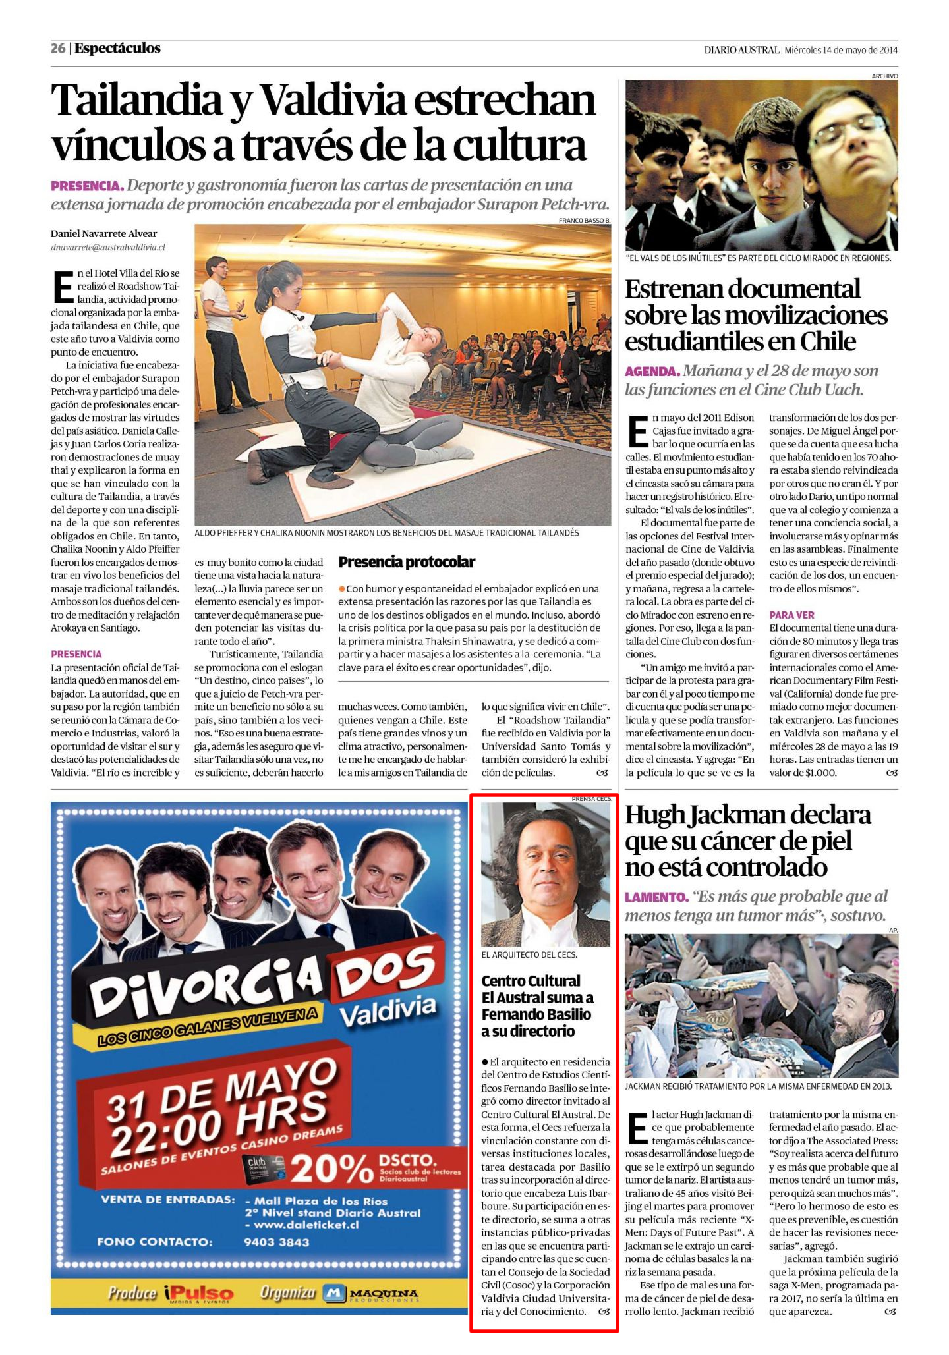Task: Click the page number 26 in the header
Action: (58, 49)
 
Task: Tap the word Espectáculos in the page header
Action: (117, 49)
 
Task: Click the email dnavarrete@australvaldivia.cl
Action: (108, 248)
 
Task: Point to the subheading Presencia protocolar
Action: (406, 562)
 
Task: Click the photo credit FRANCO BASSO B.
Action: (584, 220)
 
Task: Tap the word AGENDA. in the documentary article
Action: (652, 372)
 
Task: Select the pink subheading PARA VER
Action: (791, 615)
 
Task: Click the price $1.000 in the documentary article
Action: (821, 773)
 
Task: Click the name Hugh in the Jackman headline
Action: (654, 816)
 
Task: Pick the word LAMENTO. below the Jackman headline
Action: (656, 897)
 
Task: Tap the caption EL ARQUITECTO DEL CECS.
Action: (529, 954)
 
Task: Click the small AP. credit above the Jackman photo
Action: (893, 930)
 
